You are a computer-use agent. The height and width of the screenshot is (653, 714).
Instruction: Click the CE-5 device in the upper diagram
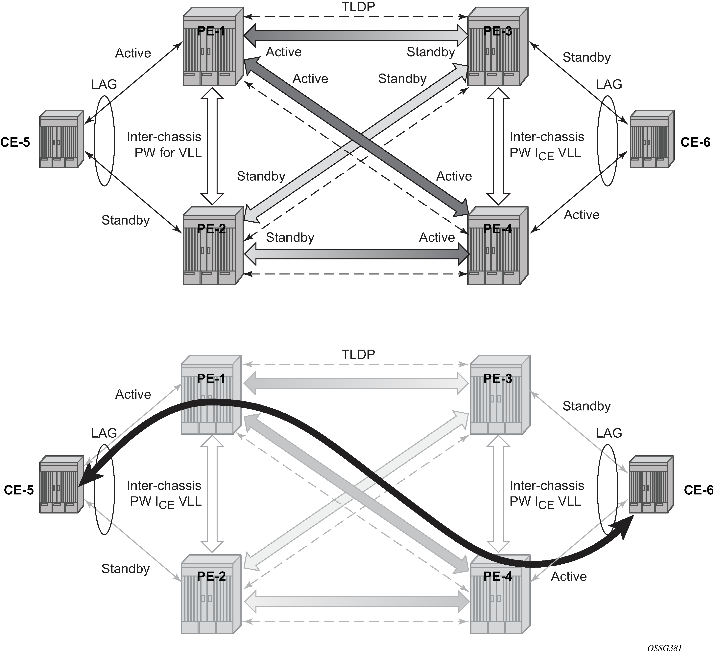(x=62, y=139)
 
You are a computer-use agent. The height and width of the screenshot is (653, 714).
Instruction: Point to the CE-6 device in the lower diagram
(x=651, y=484)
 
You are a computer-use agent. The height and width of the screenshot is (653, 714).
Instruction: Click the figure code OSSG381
(x=664, y=647)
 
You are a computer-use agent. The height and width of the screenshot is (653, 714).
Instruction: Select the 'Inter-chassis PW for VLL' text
(x=164, y=144)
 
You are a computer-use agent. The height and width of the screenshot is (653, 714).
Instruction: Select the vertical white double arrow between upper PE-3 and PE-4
(x=498, y=146)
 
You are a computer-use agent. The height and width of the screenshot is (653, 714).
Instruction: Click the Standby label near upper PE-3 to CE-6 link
(x=586, y=57)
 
